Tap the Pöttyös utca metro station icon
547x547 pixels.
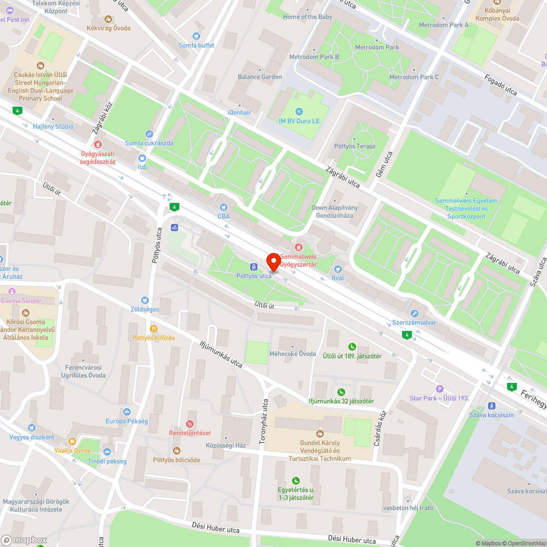click(254, 266)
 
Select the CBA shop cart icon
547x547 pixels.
click(223, 207)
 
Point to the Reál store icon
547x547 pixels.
click(337, 269)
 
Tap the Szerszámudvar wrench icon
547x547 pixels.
click(414, 313)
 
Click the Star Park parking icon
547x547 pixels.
click(439, 388)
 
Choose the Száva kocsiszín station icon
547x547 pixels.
click(491, 405)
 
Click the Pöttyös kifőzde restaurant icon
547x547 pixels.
click(154, 329)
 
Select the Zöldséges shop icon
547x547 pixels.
click(144, 300)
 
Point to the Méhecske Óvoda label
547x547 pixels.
click(293, 353)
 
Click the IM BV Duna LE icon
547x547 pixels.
click(299, 112)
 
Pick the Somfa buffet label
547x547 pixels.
click(196, 45)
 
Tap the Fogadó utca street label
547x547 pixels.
click(501, 84)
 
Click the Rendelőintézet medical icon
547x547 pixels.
click(190, 423)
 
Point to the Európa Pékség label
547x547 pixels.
click(127, 421)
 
